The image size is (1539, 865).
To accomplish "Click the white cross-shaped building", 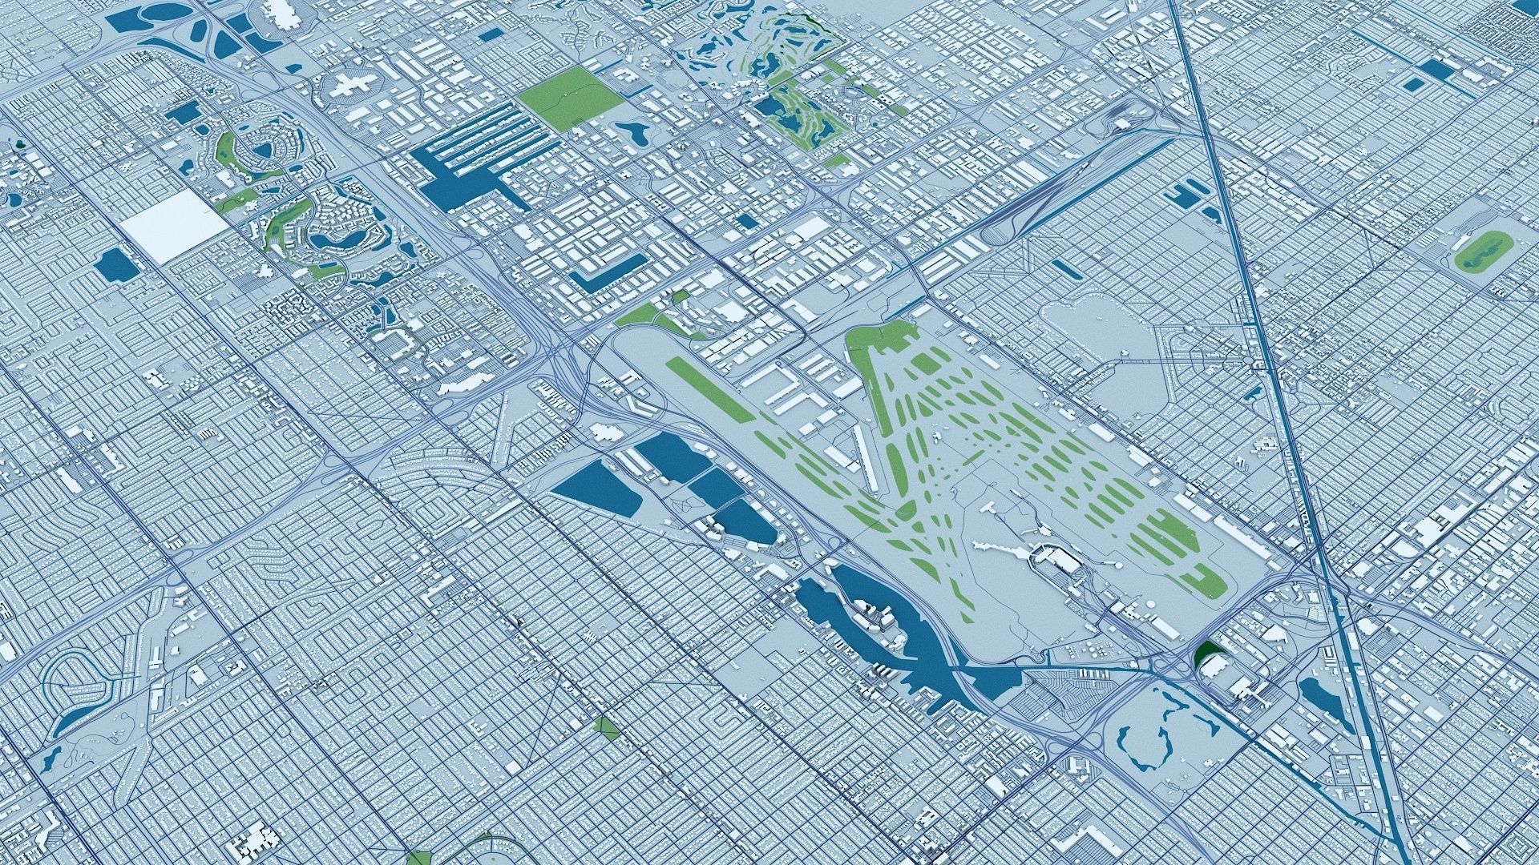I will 347,85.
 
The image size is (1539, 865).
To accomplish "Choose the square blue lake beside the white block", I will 114,264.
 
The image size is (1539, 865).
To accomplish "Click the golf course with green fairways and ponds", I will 794,112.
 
